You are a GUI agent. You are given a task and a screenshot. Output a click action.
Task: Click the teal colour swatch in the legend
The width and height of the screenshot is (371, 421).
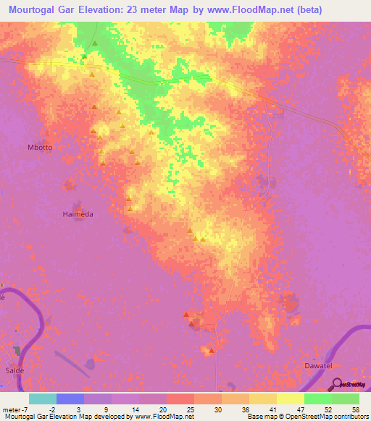43,399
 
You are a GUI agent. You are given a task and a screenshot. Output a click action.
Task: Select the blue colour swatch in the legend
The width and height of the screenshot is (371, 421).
70,399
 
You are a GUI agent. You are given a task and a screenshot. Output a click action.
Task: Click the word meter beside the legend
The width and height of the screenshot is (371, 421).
10,409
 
